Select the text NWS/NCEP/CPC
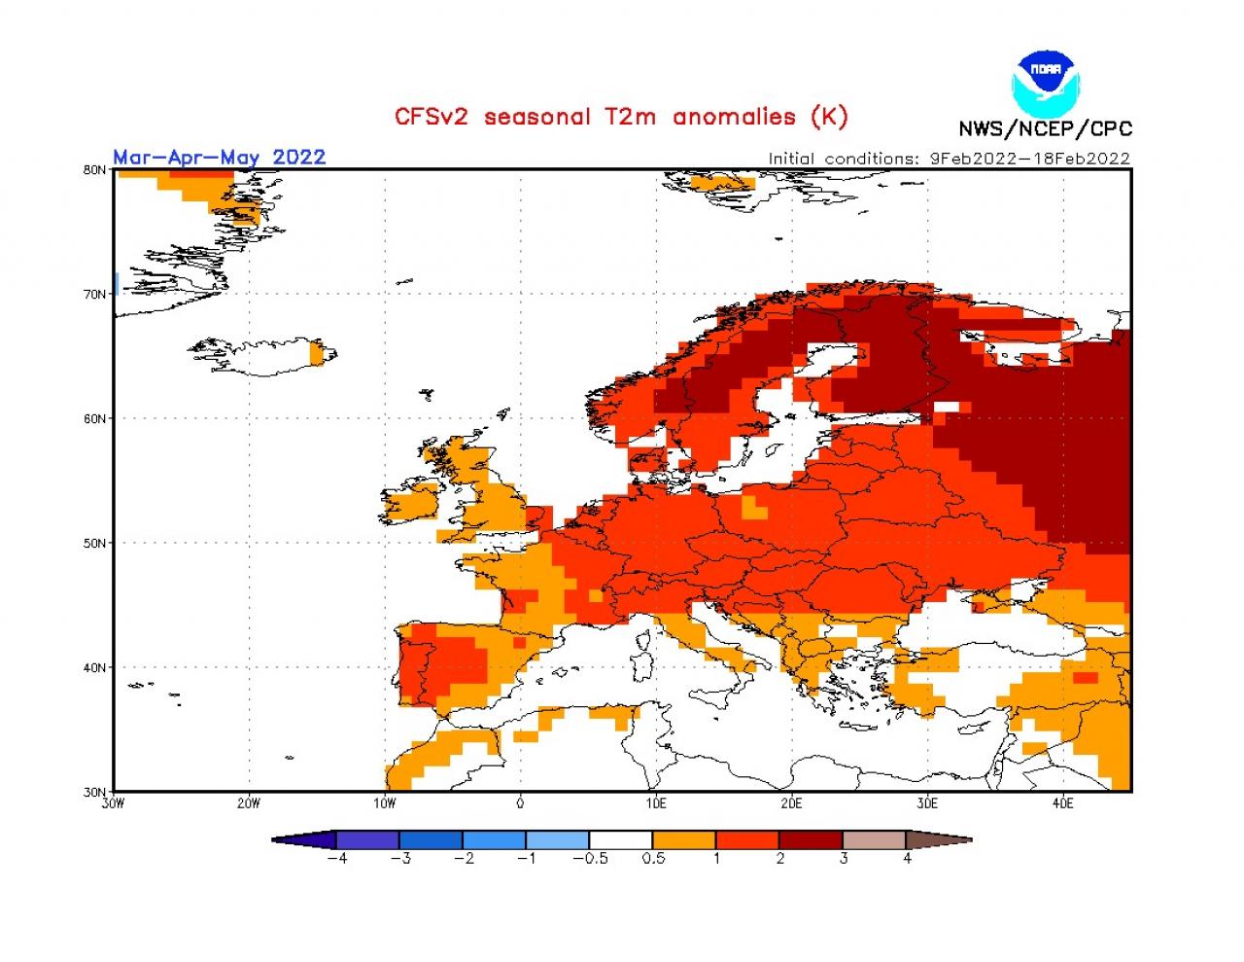click(1045, 129)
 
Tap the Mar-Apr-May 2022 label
click(219, 157)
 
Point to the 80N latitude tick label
click(94, 169)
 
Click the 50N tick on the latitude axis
click(94, 543)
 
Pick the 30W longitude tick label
click(113, 803)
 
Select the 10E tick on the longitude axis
click(655, 803)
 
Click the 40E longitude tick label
click(1062, 803)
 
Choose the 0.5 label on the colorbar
click(653, 859)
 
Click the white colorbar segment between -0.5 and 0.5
click(620, 839)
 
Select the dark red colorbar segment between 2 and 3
click(811, 839)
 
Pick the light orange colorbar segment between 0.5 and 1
click(684, 839)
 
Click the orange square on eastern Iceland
click(316, 354)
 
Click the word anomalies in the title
click(734, 117)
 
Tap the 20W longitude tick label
click(249, 803)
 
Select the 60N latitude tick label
click(94, 418)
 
